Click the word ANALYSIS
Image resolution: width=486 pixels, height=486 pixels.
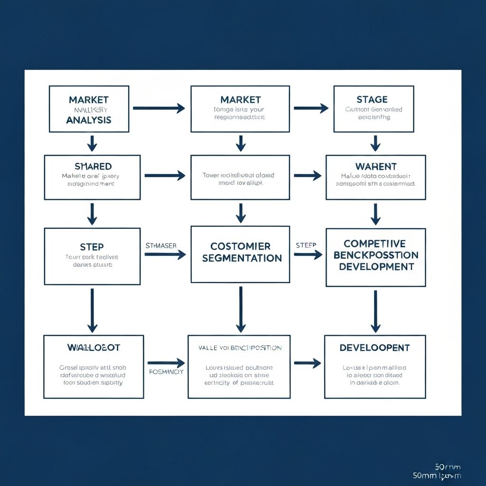pos(89,120)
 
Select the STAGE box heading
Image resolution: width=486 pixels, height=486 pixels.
pos(372,99)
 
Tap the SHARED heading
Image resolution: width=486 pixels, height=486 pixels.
pos(93,167)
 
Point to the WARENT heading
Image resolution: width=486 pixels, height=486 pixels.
pos(375,167)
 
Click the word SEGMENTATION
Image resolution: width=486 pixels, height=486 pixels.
pos(242,258)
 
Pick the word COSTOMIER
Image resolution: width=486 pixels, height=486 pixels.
pos(241,246)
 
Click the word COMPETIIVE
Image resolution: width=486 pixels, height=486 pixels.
pos(374,243)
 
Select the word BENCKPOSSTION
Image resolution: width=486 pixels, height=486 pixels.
pos(375,255)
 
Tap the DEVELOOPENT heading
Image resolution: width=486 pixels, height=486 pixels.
pos(374,348)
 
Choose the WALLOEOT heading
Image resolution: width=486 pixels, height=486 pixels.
pos(93,347)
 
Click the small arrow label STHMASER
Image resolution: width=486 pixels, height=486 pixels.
pos(161,246)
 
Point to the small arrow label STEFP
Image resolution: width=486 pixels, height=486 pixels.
pos(306,245)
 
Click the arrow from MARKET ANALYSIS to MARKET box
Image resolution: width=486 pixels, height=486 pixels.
pos(159,108)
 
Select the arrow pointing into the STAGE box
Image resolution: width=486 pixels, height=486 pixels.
pos(311,108)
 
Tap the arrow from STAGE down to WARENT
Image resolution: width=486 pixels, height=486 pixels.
pos(375,143)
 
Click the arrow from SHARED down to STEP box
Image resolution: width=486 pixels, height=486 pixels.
pos(92,214)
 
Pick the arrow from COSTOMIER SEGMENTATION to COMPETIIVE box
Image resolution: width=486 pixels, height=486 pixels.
pos(308,255)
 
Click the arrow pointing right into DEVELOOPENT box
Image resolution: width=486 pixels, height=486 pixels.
pos(307,364)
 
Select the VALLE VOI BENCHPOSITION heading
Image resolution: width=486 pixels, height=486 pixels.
pos(240,348)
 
